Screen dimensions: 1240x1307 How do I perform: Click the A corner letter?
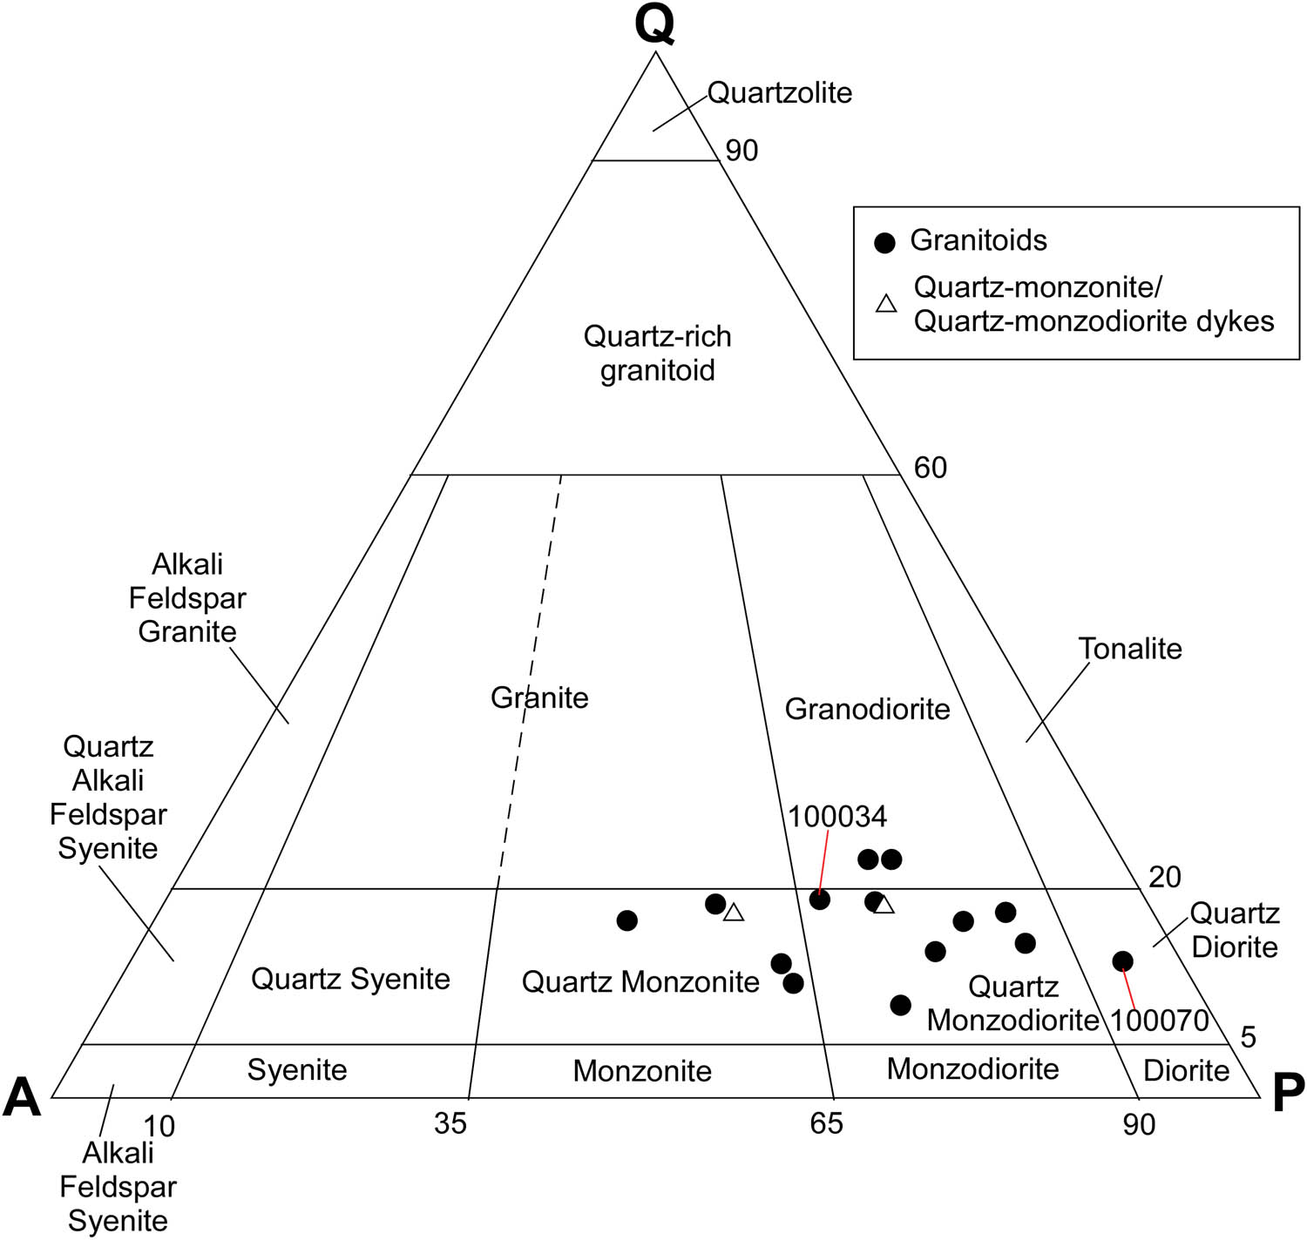[x=23, y=1096]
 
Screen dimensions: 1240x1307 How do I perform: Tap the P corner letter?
[x=1288, y=1093]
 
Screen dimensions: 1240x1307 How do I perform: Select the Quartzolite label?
[x=779, y=92]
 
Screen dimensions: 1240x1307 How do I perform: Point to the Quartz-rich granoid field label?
[x=657, y=353]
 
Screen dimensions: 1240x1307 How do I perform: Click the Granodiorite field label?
[x=867, y=709]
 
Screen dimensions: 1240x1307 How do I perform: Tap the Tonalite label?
[x=1129, y=649]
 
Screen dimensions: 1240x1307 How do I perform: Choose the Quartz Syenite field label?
[x=350, y=979]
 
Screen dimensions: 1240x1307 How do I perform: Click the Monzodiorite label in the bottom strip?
[x=972, y=1068]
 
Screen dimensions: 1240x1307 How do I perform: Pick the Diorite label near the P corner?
[x=1186, y=1070]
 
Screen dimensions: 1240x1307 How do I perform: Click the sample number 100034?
[x=837, y=817]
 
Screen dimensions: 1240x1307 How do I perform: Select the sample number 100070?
[x=1159, y=1020]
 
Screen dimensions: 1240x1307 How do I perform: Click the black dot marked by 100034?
[x=820, y=900]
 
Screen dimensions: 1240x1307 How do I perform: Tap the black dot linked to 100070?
[x=1122, y=961]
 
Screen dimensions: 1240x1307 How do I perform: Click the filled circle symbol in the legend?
[x=884, y=243]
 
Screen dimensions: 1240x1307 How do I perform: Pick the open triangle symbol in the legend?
[x=886, y=304]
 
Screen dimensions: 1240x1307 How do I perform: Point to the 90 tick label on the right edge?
[x=742, y=151]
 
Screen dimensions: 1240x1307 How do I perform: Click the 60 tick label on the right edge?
[x=930, y=468]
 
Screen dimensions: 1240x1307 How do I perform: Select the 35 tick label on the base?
[x=450, y=1124]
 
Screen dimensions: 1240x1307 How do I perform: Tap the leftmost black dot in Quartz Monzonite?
[x=626, y=920]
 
